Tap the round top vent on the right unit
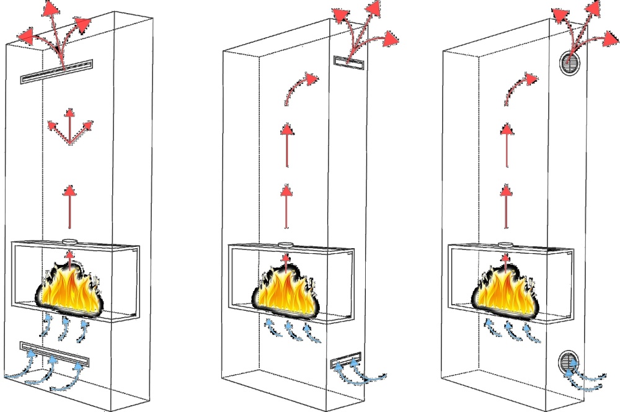click(570, 63)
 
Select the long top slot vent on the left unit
click(56, 71)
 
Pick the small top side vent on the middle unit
click(347, 61)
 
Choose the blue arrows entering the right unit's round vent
click(588, 377)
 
